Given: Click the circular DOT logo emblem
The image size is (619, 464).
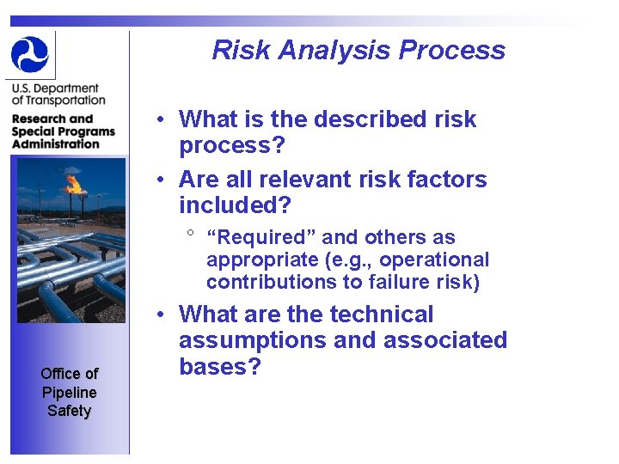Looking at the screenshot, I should pos(30,54).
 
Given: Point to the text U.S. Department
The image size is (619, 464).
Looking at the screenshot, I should pos(55,89).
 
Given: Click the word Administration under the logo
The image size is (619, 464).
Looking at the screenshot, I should pos(56,144).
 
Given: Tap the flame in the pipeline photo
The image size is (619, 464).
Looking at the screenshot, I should pos(74,183).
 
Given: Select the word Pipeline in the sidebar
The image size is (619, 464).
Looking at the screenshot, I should pos(69,392).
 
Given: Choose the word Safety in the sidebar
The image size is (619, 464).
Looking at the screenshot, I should pos(69,411).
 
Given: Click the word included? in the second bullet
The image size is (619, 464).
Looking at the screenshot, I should pos(235,205).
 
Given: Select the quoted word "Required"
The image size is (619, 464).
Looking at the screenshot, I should pos(256,237).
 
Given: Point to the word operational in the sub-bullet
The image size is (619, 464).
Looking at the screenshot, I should pos(434,259).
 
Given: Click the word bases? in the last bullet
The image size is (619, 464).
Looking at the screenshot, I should pos(219,367).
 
